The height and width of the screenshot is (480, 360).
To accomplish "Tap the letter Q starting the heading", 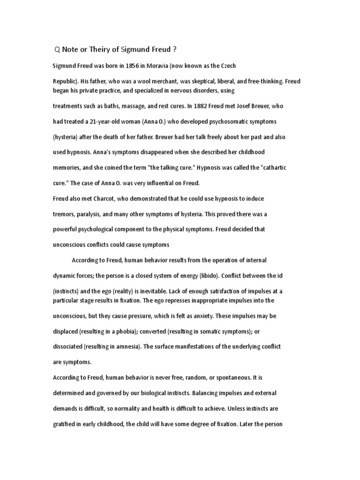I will click(57, 50).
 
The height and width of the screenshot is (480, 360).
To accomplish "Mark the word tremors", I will click(64, 214).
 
